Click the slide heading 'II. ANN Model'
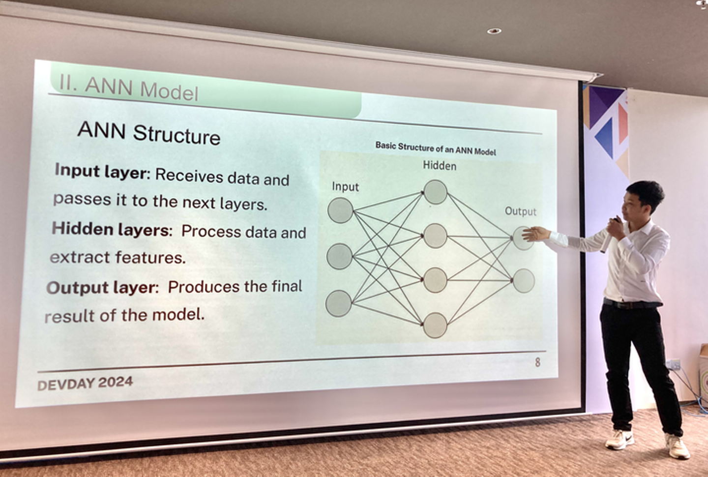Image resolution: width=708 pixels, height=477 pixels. click(x=129, y=89)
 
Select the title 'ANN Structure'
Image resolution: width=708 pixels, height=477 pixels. click(x=148, y=133)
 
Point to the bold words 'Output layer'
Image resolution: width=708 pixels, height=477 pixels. click(x=101, y=287)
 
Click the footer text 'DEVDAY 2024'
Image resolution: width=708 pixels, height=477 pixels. click(x=85, y=384)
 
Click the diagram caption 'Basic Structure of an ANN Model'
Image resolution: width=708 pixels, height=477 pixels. click(x=436, y=148)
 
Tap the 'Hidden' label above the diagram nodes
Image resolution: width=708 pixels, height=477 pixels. click(x=440, y=166)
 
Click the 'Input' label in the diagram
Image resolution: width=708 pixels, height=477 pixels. click(x=345, y=187)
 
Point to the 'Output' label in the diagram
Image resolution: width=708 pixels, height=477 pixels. click(x=521, y=211)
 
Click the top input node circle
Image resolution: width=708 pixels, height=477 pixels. click(x=340, y=210)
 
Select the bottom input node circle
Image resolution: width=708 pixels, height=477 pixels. click(x=338, y=303)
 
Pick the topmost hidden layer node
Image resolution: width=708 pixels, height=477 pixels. click(x=436, y=192)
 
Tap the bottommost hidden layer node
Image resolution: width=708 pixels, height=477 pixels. click(x=435, y=325)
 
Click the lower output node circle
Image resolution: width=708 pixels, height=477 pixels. click(x=524, y=281)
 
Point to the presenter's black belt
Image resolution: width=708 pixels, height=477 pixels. click(x=632, y=304)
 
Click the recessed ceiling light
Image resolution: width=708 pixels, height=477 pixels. click(x=494, y=31)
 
